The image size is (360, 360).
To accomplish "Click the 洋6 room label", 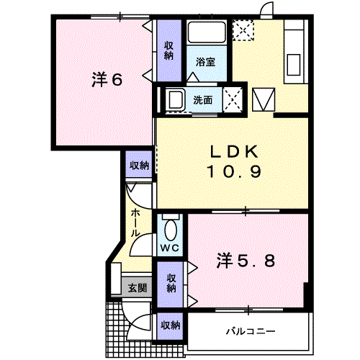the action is click(107, 79).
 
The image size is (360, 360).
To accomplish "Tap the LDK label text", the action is click(234, 151).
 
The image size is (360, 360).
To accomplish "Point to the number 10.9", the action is click(234, 171).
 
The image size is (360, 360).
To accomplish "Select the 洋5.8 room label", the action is click(246, 261).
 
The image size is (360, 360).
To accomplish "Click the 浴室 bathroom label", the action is click(205, 62).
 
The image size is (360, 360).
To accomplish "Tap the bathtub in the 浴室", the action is click(207, 32).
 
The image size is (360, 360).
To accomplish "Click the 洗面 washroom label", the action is click(203, 100).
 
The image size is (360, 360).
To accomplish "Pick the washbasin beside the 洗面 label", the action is click(176, 99).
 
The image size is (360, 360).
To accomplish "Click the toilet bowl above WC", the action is click(171, 230).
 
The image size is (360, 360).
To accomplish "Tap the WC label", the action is click(170, 248).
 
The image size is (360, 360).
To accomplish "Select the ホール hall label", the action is click(136, 222).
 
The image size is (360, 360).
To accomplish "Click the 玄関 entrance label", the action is click(138, 288).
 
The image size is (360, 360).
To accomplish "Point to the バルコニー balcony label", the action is click(251, 332).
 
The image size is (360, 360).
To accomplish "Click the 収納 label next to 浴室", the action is click(169, 50).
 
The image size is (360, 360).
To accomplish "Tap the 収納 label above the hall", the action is click(140, 166).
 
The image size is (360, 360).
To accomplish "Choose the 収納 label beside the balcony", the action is click(171, 325).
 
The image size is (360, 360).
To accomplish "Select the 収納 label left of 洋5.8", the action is click(171, 283).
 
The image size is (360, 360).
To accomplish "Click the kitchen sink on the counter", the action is click(294, 65).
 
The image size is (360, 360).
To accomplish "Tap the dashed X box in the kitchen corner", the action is click(243, 30).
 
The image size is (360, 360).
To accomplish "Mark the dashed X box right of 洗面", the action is click(233, 99).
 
